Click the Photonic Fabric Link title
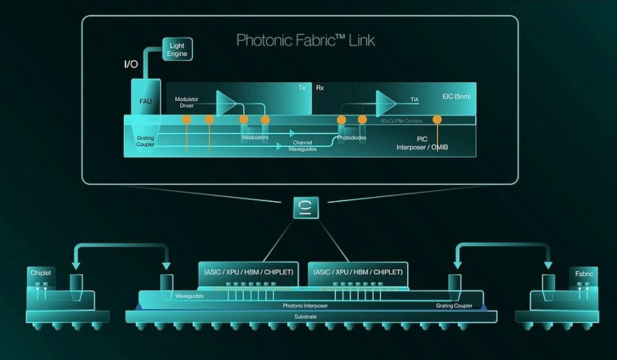[306, 40]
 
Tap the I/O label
[131, 64]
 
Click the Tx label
[301, 89]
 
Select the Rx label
[320, 89]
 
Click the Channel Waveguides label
[303, 145]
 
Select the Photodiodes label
[351, 138]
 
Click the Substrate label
[306, 316]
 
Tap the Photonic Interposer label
[306, 305]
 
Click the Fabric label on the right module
[583, 273]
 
